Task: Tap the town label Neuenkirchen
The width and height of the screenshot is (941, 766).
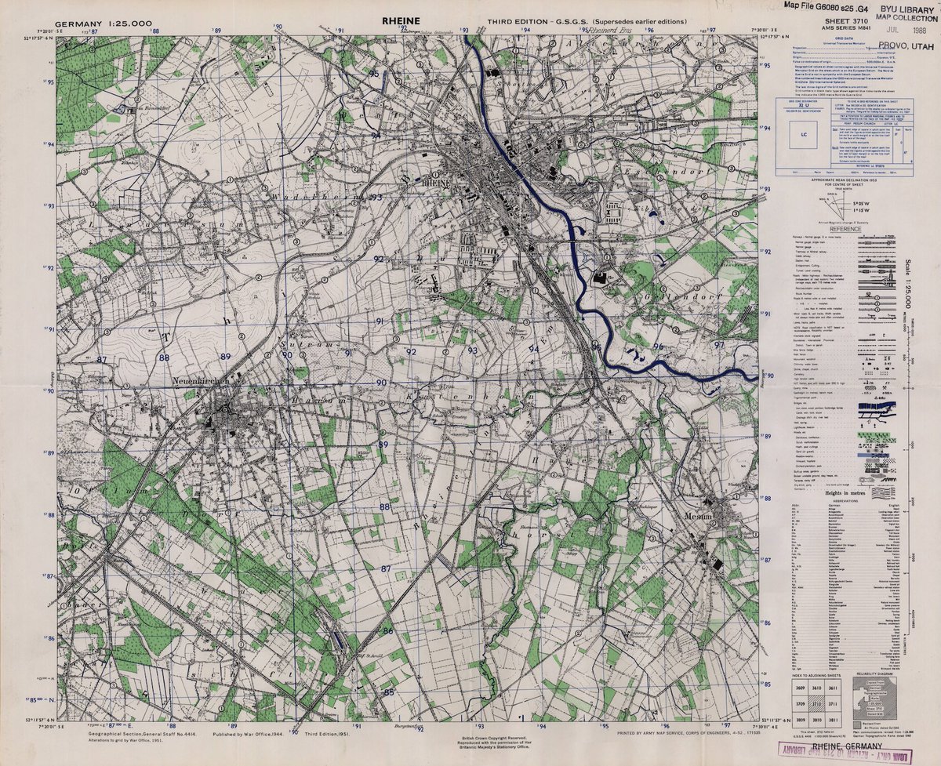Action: (x=200, y=380)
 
